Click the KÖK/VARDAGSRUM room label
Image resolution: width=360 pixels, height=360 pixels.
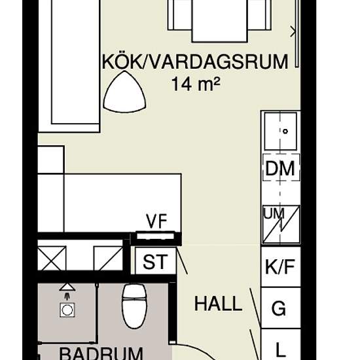(195, 62)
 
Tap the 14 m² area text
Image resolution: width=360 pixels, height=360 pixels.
(196, 84)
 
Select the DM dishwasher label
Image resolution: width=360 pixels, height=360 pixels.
(280, 168)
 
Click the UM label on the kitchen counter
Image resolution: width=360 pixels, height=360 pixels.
(274, 213)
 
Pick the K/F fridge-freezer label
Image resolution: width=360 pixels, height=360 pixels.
(280, 267)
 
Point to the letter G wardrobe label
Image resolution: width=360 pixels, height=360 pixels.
(279, 308)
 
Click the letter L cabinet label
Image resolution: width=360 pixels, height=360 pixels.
(279, 350)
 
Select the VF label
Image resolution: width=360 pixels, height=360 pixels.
(156, 221)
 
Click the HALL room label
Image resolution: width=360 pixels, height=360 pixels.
(218, 304)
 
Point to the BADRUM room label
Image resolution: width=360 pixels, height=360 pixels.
(101, 354)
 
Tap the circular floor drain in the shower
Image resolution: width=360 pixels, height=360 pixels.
(67, 310)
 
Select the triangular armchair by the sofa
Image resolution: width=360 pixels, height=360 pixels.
(124, 92)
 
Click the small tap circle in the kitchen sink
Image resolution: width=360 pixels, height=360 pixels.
(285, 132)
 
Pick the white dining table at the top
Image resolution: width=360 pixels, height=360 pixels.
(219, 21)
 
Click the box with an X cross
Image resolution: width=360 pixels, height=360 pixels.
(52, 259)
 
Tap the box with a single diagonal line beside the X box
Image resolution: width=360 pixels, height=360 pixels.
(108, 259)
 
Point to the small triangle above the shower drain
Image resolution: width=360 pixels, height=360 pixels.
(67, 287)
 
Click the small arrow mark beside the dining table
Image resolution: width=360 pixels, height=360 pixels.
(293, 31)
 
